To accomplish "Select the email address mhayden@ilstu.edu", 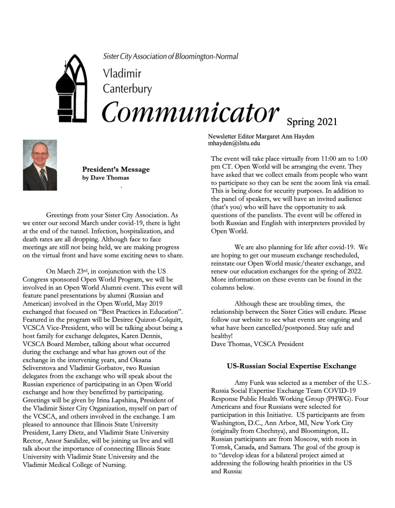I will [x=234, y=143].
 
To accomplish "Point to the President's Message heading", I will [x=116, y=169].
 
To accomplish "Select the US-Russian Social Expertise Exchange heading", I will [x=291, y=366].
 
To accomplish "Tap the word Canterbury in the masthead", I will [x=127, y=89].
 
